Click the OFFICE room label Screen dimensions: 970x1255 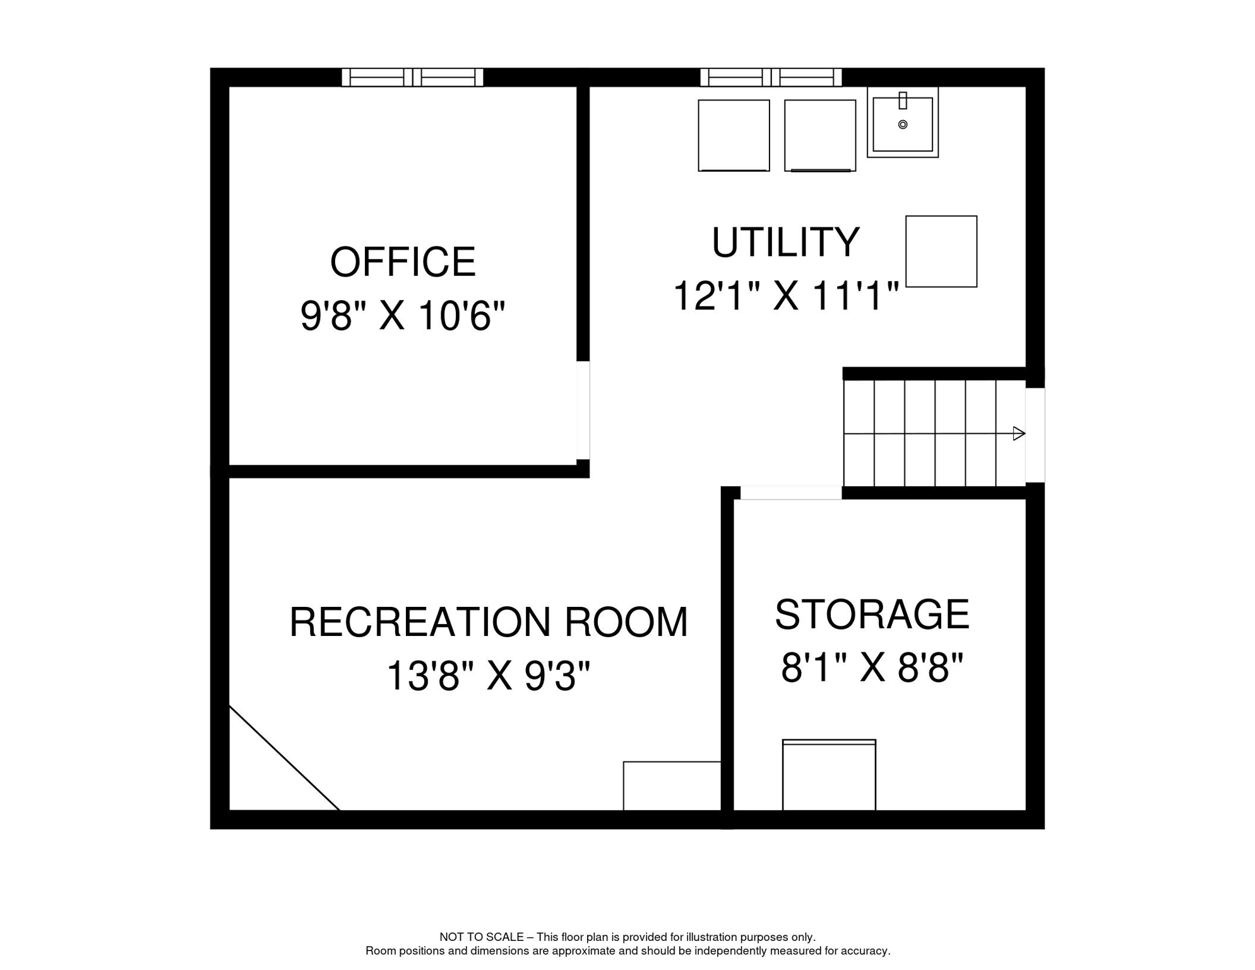(x=403, y=262)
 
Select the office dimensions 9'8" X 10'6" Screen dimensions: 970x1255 (x=403, y=316)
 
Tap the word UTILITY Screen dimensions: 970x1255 (x=785, y=242)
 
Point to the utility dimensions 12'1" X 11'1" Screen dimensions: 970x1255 (x=785, y=296)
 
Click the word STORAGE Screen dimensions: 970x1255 (x=872, y=614)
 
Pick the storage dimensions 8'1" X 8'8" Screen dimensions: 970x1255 (x=872, y=668)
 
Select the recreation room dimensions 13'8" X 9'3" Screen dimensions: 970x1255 (x=488, y=676)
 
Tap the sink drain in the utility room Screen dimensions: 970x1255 (x=903, y=124)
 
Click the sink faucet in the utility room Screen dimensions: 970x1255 (x=903, y=100)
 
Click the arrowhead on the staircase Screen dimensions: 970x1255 (x=1018, y=433)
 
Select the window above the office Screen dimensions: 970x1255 (x=412, y=77)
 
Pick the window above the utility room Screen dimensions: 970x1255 (x=771, y=77)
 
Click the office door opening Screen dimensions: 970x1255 (x=583, y=410)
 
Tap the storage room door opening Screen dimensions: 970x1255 (x=791, y=493)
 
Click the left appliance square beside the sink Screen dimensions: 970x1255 (x=734, y=135)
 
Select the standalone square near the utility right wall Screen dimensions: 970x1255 (x=941, y=251)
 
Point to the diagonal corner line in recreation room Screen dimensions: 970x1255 (x=284, y=758)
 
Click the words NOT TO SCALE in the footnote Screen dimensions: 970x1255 (x=481, y=937)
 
